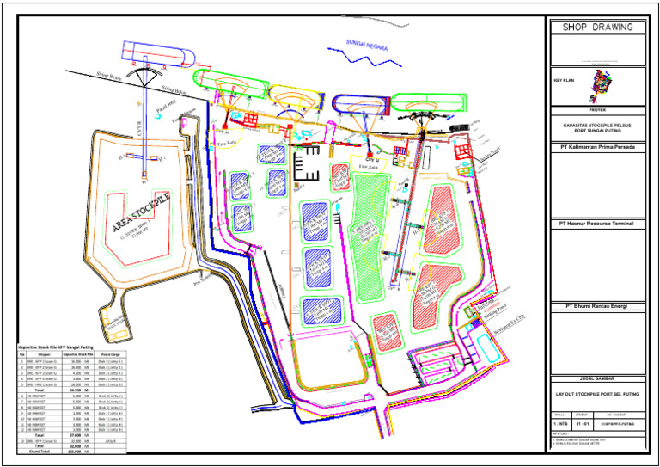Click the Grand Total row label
coord(35,451)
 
